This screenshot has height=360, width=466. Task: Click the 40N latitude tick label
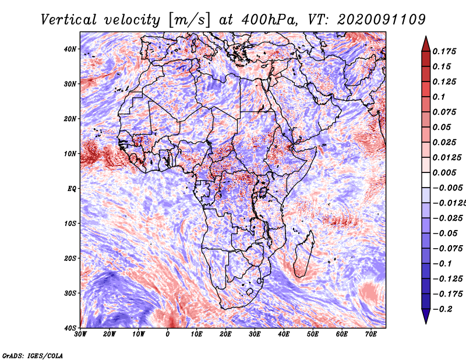tap(70, 49)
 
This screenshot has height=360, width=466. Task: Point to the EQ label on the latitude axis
tap(72, 189)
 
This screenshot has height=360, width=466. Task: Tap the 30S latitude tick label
tap(70, 294)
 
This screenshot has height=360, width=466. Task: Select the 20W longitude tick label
tap(110, 334)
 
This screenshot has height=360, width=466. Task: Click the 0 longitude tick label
tap(168, 334)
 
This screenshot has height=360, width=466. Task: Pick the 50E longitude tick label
tap(313, 334)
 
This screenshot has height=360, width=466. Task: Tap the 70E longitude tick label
tap(370, 334)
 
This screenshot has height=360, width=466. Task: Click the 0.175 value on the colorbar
tap(444, 51)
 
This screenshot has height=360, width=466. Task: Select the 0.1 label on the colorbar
tap(439, 97)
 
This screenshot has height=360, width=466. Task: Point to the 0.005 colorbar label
tap(444, 172)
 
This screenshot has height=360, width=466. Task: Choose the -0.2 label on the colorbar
tap(442, 309)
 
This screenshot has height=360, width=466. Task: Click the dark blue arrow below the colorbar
tap(426, 316)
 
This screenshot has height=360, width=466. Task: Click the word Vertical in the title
tap(69, 20)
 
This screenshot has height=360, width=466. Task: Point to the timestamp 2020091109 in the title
tap(382, 20)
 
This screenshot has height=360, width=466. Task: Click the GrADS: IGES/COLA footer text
tap(33, 356)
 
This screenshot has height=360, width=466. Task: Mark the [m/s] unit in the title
tap(189, 20)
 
